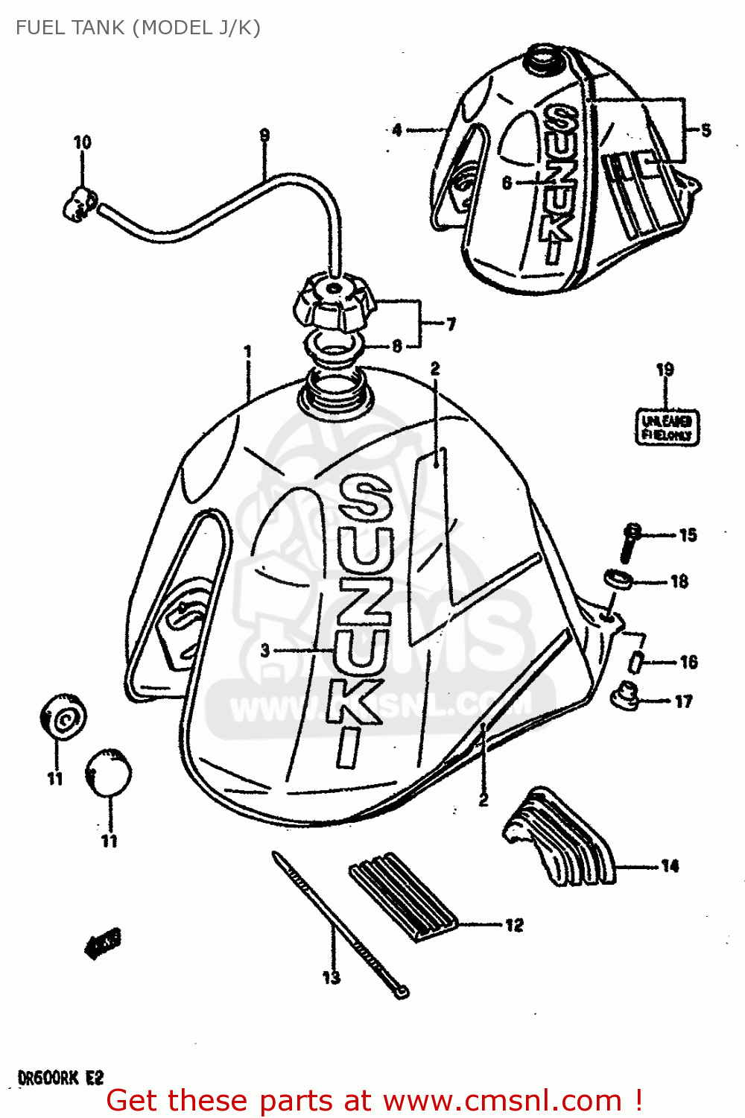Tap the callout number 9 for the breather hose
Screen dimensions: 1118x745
(x=264, y=136)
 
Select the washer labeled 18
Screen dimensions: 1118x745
(x=617, y=578)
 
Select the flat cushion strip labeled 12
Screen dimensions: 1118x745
(x=402, y=898)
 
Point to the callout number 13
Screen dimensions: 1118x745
(x=332, y=977)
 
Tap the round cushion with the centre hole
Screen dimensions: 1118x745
(x=63, y=718)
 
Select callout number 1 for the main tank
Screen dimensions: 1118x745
(x=248, y=351)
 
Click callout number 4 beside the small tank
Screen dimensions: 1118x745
(x=397, y=130)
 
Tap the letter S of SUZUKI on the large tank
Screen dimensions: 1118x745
(x=364, y=499)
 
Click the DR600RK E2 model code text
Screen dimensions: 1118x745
(x=60, y=1078)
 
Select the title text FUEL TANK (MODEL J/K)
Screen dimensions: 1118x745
(x=138, y=28)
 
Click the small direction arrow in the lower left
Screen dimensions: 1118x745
(x=102, y=944)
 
